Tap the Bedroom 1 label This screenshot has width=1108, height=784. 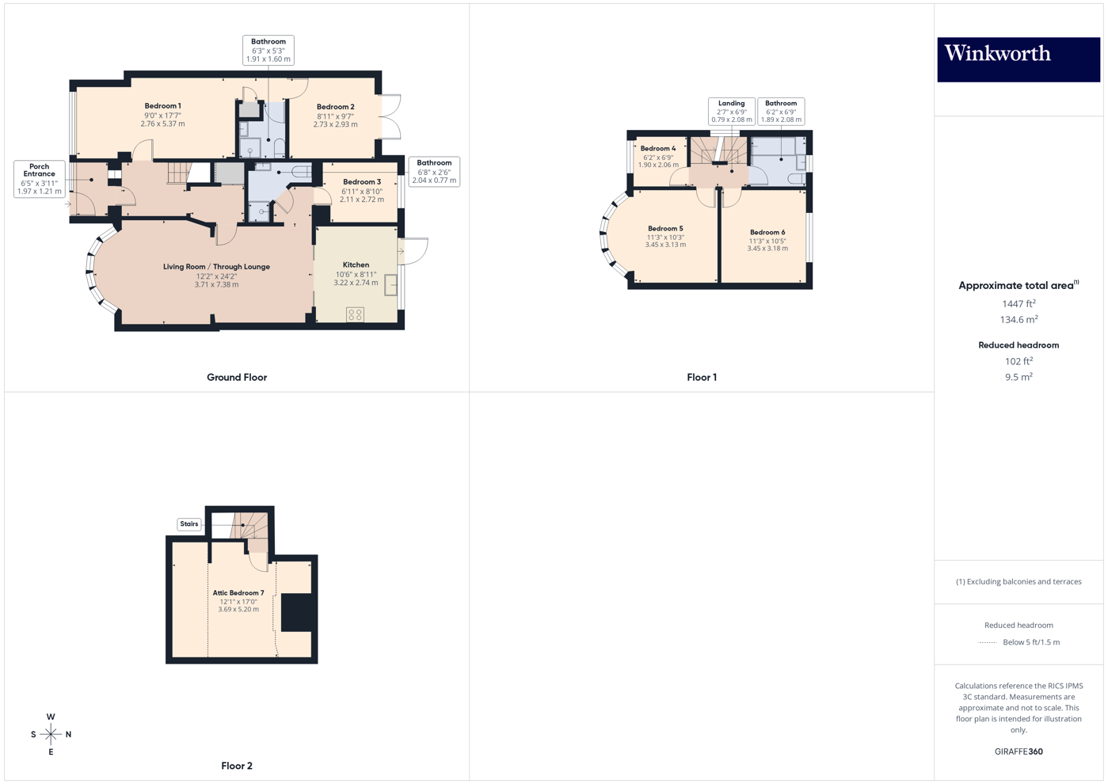tap(162, 106)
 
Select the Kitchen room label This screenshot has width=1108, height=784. tap(356, 265)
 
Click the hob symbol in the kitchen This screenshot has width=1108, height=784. tap(355, 314)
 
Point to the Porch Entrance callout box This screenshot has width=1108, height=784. tap(39, 179)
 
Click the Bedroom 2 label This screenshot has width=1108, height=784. tap(335, 107)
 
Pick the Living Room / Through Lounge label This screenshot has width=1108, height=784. tap(216, 267)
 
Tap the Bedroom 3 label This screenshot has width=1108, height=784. tap(362, 182)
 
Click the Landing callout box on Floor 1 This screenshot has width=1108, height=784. tap(731, 112)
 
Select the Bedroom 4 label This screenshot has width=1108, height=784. tap(658, 149)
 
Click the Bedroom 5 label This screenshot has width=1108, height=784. tap(665, 229)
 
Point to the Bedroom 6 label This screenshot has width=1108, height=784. tap(767, 233)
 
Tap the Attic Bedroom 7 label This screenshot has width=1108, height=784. tap(238, 593)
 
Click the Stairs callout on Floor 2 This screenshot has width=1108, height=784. tap(189, 524)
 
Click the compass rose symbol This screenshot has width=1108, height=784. tap(51, 735)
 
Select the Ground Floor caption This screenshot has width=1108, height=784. tap(237, 378)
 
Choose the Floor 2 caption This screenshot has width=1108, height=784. tap(237, 766)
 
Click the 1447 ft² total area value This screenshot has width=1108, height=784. tap(1019, 303)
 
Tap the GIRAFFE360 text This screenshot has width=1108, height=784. tap(1019, 752)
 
